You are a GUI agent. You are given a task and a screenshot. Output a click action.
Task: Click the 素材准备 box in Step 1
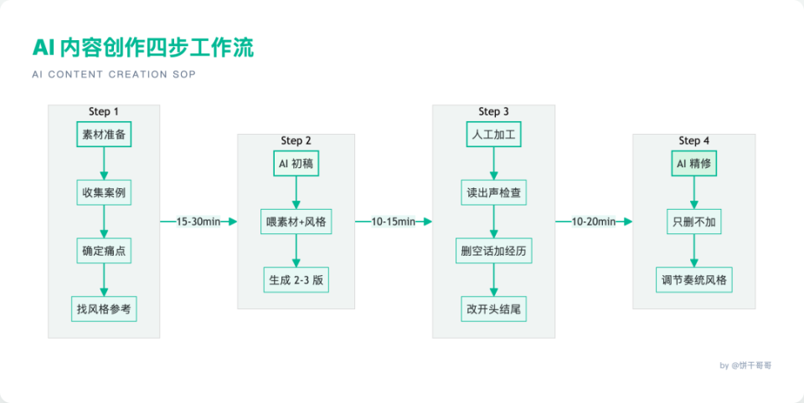[104, 135]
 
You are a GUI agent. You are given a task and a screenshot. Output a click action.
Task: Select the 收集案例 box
[104, 192]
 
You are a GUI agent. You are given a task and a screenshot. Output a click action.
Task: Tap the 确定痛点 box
[104, 250]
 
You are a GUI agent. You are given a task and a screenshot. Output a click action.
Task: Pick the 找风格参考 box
[104, 308]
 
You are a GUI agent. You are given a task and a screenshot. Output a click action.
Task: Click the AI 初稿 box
[296, 164]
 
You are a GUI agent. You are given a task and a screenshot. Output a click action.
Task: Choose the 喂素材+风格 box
[296, 222]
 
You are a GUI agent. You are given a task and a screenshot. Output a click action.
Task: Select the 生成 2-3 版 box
[296, 279]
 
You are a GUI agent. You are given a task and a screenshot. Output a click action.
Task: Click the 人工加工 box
[493, 135]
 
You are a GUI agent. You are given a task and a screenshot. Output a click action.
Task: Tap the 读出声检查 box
[493, 192]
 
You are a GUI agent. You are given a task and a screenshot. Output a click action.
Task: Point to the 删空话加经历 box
[493, 250]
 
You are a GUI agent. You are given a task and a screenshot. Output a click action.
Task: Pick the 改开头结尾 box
[493, 308]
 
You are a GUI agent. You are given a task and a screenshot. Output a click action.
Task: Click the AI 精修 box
[694, 164]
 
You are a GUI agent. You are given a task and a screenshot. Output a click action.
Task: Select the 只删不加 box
[694, 222]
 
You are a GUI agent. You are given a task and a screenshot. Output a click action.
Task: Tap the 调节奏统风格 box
[694, 279]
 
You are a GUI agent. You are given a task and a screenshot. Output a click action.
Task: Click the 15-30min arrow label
[198, 222]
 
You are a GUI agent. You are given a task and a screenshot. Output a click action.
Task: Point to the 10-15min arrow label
[394, 222]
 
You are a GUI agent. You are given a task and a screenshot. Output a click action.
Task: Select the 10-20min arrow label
[594, 222]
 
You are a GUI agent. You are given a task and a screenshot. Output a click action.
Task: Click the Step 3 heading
[493, 112]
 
